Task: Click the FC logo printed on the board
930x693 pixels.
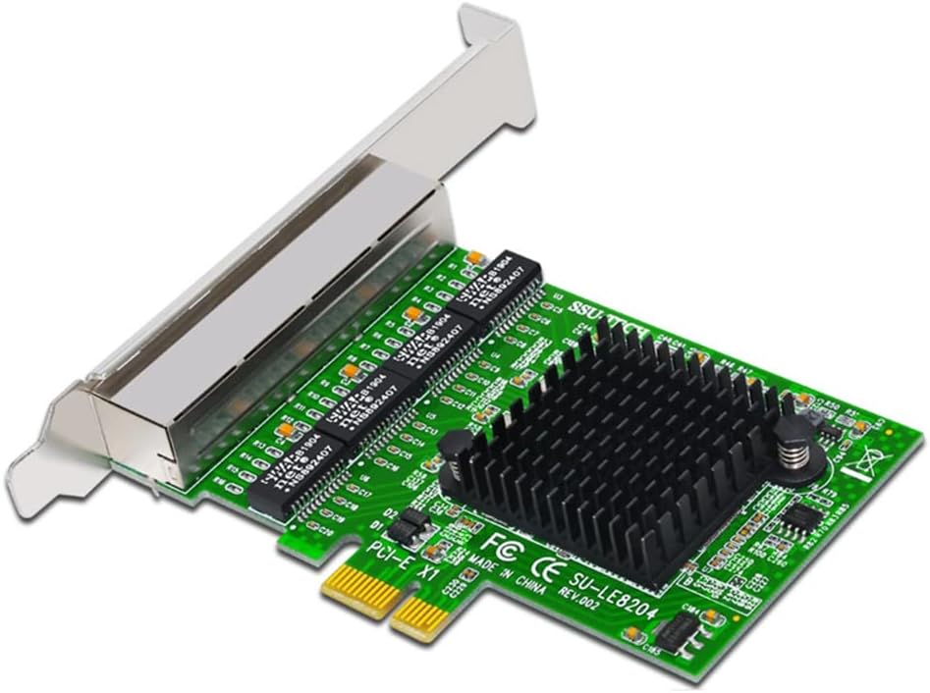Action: (x=498, y=542)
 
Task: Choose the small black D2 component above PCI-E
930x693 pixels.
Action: (x=416, y=519)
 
